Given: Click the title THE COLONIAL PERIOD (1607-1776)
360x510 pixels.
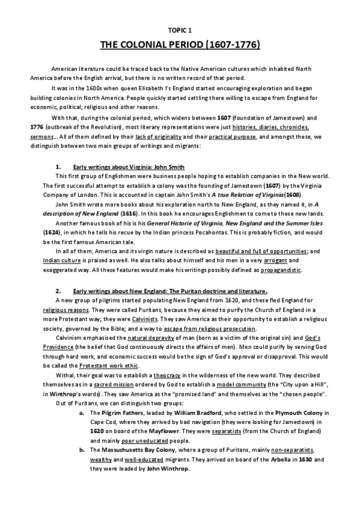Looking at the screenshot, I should click(x=180, y=45).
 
